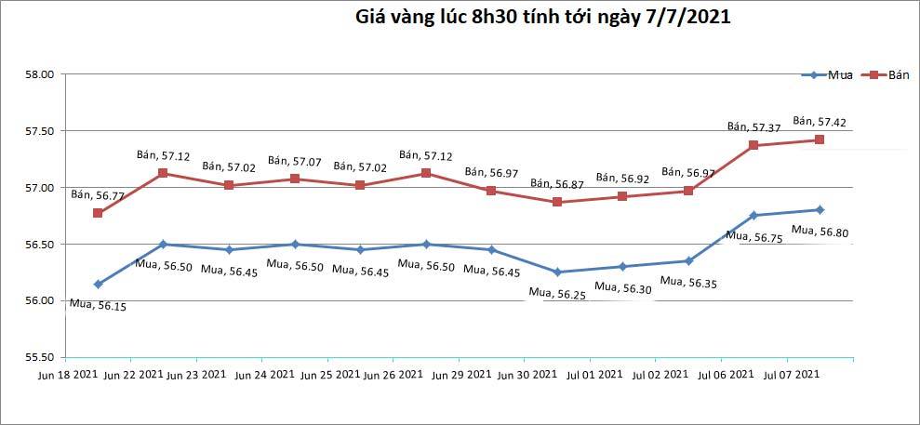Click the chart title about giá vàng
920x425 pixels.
point(537,18)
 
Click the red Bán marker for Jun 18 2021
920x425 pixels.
point(98,213)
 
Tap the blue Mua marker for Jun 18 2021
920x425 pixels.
point(98,284)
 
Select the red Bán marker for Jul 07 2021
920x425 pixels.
point(820,139)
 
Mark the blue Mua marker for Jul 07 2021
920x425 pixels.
point(820,209)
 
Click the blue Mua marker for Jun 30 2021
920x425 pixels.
point(557,272)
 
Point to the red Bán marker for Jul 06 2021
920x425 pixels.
point(753,145)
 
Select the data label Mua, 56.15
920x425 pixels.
point(98,303)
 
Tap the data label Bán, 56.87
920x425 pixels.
point(556,183)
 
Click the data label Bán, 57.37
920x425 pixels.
point(753,126)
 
